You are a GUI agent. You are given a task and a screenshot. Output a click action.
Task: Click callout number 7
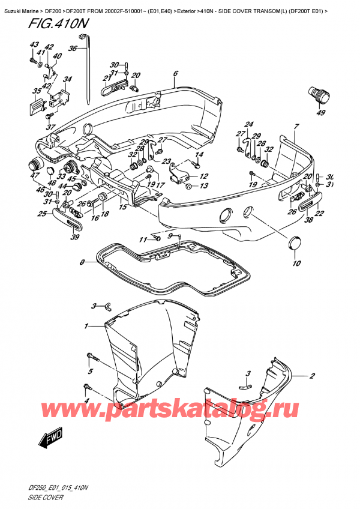[295, 126]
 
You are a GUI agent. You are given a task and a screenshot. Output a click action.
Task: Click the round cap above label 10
[295, 241]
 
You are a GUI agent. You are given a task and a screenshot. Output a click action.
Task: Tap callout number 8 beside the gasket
[82, 262]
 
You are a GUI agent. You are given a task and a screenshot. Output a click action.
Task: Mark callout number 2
[312, 377]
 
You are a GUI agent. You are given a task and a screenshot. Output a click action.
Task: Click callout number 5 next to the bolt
[91, 372]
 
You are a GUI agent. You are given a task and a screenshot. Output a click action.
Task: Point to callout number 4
[86, 401]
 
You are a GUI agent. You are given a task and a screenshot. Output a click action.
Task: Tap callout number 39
[75, 238]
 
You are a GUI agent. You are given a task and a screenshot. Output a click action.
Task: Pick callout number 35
[37, 92]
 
